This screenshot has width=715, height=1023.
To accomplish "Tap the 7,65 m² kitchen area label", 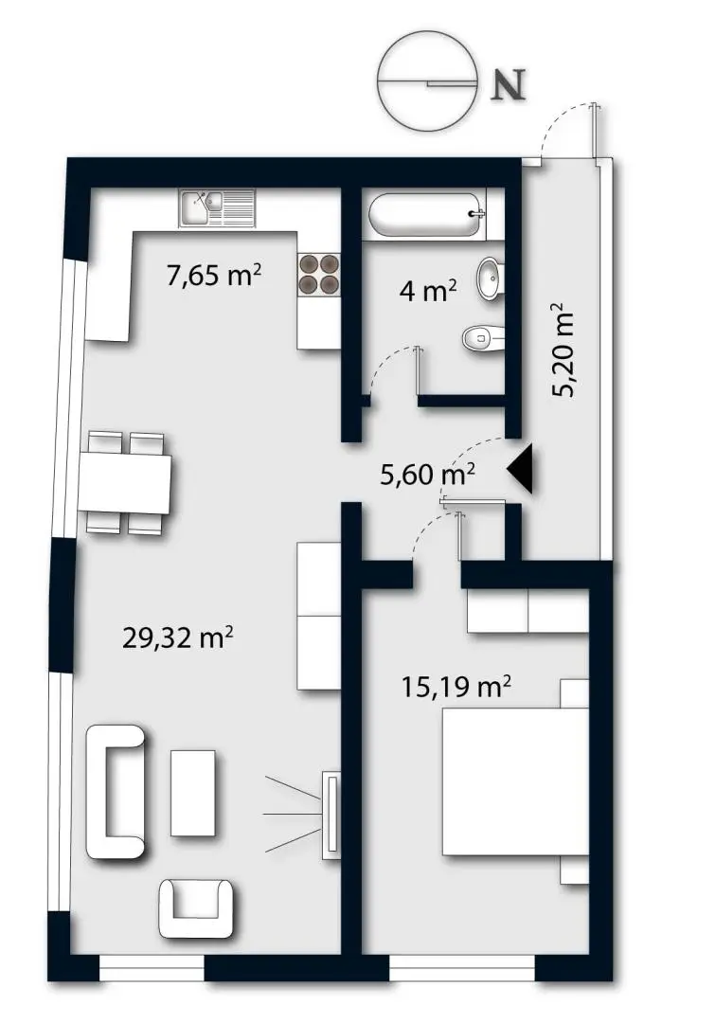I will (214, 278).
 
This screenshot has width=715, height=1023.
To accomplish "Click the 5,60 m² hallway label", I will (427, 475).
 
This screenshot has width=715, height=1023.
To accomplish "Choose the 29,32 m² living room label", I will (178, 637).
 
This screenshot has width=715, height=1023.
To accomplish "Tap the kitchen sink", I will (217, 207).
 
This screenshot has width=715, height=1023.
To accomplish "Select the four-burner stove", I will (319, 274).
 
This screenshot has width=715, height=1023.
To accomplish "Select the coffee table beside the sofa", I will (192, 792).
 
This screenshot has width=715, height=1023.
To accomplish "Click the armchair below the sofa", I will (196, 906).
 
